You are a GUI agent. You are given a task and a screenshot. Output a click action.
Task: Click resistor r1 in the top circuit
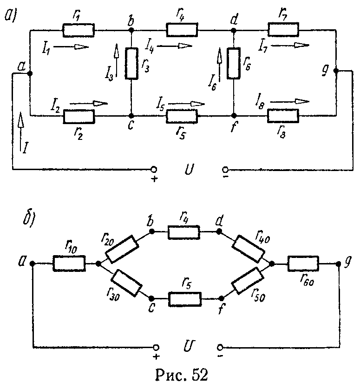(x=79, y=31)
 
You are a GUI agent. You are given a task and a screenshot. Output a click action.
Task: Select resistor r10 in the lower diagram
(x=69, y=264)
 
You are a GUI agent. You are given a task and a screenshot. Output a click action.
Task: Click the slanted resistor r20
(x=122, y=250)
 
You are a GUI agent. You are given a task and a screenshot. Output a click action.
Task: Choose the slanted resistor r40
(x=249, y=249)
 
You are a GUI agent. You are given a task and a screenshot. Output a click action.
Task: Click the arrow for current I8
(x=296, y=101)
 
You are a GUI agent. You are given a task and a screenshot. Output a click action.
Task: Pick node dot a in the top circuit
(x=30, y=73)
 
